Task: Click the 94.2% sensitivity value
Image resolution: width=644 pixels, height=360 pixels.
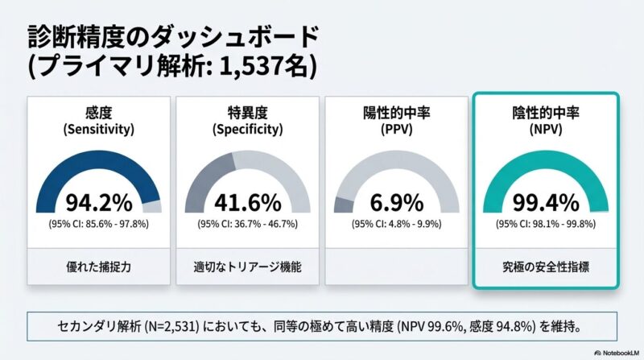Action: [x=98, y=201]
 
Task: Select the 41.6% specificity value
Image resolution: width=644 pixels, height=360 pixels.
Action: [x=247, y=201]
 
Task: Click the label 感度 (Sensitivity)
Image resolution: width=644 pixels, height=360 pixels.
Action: [x=98, y=120]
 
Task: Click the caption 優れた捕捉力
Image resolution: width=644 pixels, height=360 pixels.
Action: [x=98, y=264]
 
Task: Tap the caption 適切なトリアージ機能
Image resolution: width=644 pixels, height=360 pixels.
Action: [x=247, y=264]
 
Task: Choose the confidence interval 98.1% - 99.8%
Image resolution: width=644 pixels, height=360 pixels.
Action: [x=559, y=223]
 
